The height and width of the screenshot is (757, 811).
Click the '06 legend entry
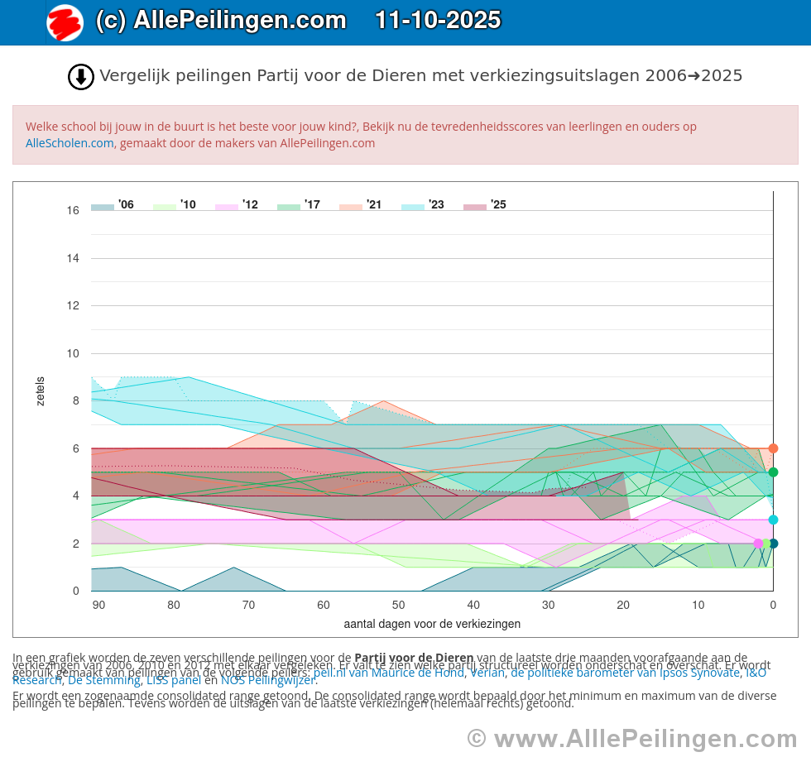pos(113,204)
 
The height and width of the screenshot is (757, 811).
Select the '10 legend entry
pos(175,204)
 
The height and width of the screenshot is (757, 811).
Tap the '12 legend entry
pos(237,204)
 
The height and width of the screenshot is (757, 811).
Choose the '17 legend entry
pos(299,204)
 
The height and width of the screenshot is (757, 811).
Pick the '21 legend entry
pos(361,204)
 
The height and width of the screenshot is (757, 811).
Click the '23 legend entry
pos(423,204)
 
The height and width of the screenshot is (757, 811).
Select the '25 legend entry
pos(485,204)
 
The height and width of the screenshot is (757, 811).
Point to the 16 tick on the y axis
pos(74,211)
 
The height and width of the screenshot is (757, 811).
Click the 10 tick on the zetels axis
pos(74,353)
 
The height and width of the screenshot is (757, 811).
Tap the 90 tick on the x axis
pos(98,605)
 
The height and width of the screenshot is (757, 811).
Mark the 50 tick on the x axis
pos(398,605)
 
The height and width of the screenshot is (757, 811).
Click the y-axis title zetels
pos(41,391)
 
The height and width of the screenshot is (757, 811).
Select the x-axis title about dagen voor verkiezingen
pos(432,624)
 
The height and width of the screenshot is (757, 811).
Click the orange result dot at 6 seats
pos(773,448)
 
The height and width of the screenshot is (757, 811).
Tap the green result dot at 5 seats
pos(773,472)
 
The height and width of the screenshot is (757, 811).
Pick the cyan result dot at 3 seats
pos(773,520)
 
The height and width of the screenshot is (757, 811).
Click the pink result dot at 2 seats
pos(758,544)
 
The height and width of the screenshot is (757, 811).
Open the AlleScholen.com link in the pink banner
pos(70,143)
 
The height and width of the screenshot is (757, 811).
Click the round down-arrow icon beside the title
pos(80,77)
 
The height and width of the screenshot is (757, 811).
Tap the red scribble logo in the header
pos(65,22)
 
